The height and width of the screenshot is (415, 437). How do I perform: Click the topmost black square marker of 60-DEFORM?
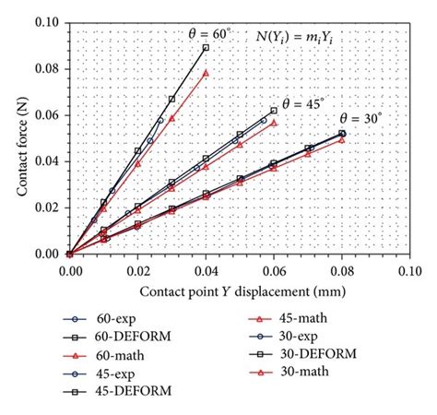pyautogui.click(x=206, y=47)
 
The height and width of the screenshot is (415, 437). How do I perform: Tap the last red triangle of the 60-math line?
pyautogui.click(x=206, y=72)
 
